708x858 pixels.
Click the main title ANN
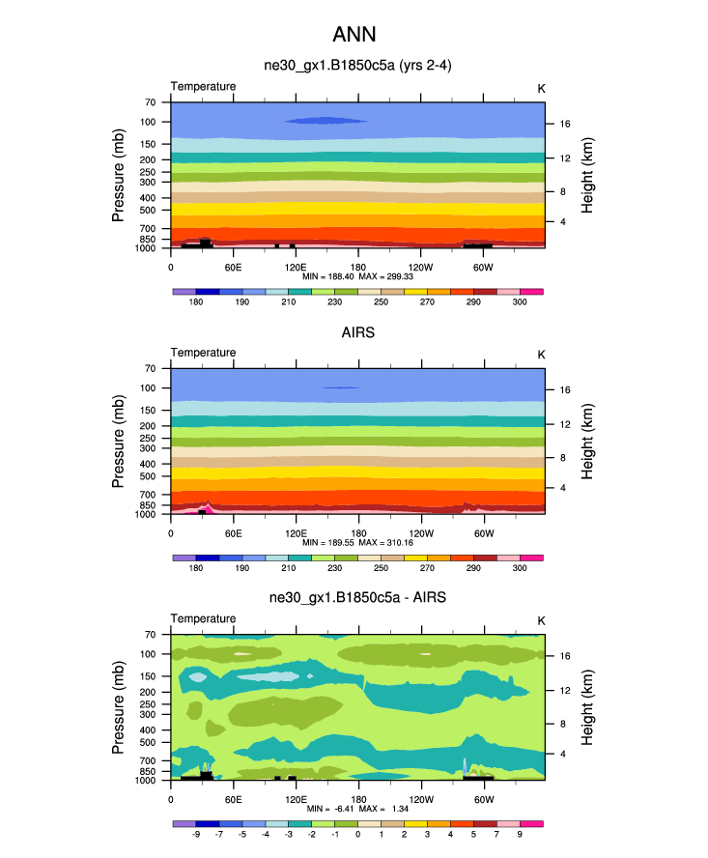point(354,35)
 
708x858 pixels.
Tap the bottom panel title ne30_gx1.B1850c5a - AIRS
point(357,598)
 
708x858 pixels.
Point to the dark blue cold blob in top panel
point(326,121)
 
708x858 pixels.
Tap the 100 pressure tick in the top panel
point(149,122)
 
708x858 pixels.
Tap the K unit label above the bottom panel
point(541,619)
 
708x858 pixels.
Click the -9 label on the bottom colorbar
point(196,836)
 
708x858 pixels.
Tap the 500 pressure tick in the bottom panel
point(149,742)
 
